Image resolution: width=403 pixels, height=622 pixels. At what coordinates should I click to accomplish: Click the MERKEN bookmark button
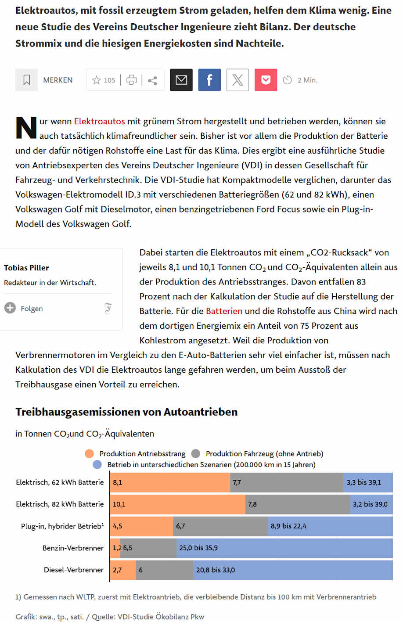coord(44,80)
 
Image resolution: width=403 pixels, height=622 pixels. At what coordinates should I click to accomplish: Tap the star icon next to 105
coord(96,80)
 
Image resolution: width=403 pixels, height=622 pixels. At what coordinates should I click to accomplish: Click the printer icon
coord(131,80)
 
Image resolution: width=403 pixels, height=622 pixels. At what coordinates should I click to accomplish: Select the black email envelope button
coord(181,80)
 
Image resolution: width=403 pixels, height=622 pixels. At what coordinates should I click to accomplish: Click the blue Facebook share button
coord(209,80)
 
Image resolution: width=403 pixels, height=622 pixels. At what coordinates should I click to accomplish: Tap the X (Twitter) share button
coord(237,80)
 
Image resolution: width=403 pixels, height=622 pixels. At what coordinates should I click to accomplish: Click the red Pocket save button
coord(266,80)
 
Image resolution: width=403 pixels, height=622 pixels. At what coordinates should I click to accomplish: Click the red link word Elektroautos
coord(99,121)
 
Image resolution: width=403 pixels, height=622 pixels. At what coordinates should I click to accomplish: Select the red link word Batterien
coord(224,311)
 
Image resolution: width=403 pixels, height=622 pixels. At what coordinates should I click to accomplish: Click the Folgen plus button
coord(10,308)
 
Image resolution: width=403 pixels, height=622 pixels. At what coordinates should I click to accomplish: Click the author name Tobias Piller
coord(26,268)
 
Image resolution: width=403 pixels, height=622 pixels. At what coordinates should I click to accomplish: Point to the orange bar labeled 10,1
coord(177,504)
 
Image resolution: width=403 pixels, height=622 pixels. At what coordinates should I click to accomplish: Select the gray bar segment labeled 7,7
coord(287,482)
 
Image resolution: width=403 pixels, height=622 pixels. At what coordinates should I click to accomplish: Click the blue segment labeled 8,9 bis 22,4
coord(330,526)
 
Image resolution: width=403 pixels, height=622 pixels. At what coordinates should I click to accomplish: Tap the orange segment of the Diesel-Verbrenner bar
coord(123,570)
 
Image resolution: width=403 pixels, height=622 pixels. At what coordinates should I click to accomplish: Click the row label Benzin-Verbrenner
coord(73,548)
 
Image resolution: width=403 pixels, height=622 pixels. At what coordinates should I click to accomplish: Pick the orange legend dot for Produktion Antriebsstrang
coord(89,453)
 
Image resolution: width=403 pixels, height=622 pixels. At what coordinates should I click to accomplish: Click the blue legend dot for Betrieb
coord(97,464)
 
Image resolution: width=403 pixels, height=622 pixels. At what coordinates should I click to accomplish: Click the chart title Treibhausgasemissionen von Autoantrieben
coord(126,412)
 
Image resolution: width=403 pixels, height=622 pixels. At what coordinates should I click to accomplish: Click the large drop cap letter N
coord(26,128)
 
